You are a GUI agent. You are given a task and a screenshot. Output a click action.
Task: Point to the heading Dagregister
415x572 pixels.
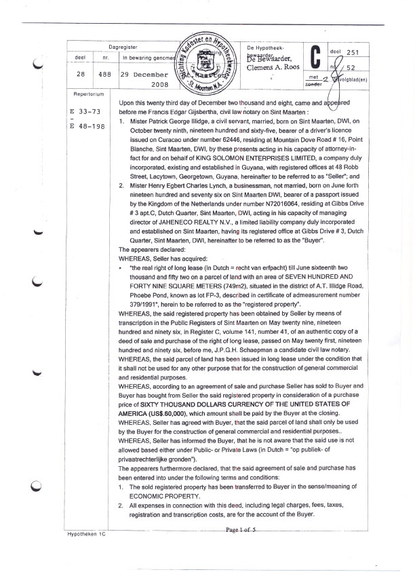(123, 47)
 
